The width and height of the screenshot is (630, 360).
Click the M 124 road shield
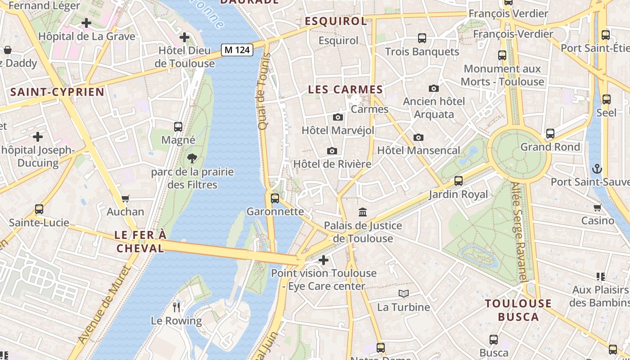(x=237, y=50)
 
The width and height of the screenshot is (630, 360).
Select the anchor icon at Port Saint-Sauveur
(x=597, y=169)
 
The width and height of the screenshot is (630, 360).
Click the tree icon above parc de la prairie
(x=192, y=158)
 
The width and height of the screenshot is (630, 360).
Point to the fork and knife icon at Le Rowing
(x=176, y=307)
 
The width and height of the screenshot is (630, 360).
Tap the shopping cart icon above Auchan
(x=126, y=198)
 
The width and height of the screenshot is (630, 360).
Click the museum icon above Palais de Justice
(x=363, y=211)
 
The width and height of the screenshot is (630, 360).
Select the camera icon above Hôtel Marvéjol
(x=337, y=117)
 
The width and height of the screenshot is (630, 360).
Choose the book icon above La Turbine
(x=404, y=294)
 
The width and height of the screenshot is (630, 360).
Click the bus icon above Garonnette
(x=274, y=198)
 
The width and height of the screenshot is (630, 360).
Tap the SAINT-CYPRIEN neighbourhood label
(x=57, y=92)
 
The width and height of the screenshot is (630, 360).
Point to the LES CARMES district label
(x=345, y=90)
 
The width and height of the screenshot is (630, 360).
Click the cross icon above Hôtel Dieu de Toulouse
(x=184, y=37)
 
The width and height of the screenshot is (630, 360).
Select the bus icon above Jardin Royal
(x=458, y=181)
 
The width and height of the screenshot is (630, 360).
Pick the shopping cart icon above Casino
(x=597, y=207)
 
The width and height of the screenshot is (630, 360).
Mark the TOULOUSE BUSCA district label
(x=518, y=310)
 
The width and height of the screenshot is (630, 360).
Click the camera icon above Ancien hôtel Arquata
(x=433, y=88)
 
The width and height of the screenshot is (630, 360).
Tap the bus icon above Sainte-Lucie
(x=39, y=209)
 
